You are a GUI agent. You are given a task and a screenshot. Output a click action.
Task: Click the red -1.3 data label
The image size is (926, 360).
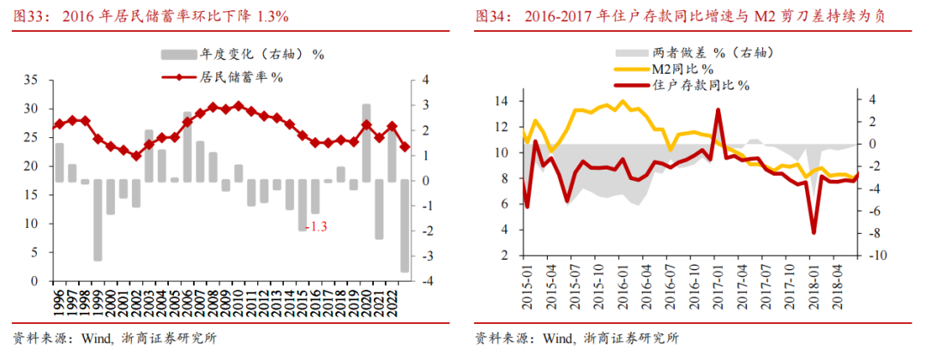(x=317, y=226)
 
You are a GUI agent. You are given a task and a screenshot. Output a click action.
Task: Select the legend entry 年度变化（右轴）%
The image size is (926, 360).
(x=242, y=54)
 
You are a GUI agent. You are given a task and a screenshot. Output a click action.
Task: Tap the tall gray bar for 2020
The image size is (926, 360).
(x=366, y=142)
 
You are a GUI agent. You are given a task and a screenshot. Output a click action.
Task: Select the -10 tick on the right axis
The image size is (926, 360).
(x=875, y=256)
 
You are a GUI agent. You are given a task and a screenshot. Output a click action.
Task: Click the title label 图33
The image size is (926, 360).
(x=26, y=16)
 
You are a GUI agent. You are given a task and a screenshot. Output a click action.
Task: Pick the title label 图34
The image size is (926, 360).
(x=491, y=16)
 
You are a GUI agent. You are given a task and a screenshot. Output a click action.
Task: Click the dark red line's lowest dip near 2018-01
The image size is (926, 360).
(x=813, y=232)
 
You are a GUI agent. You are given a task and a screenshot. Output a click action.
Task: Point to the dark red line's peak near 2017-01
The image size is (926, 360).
(x=718, y=110)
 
